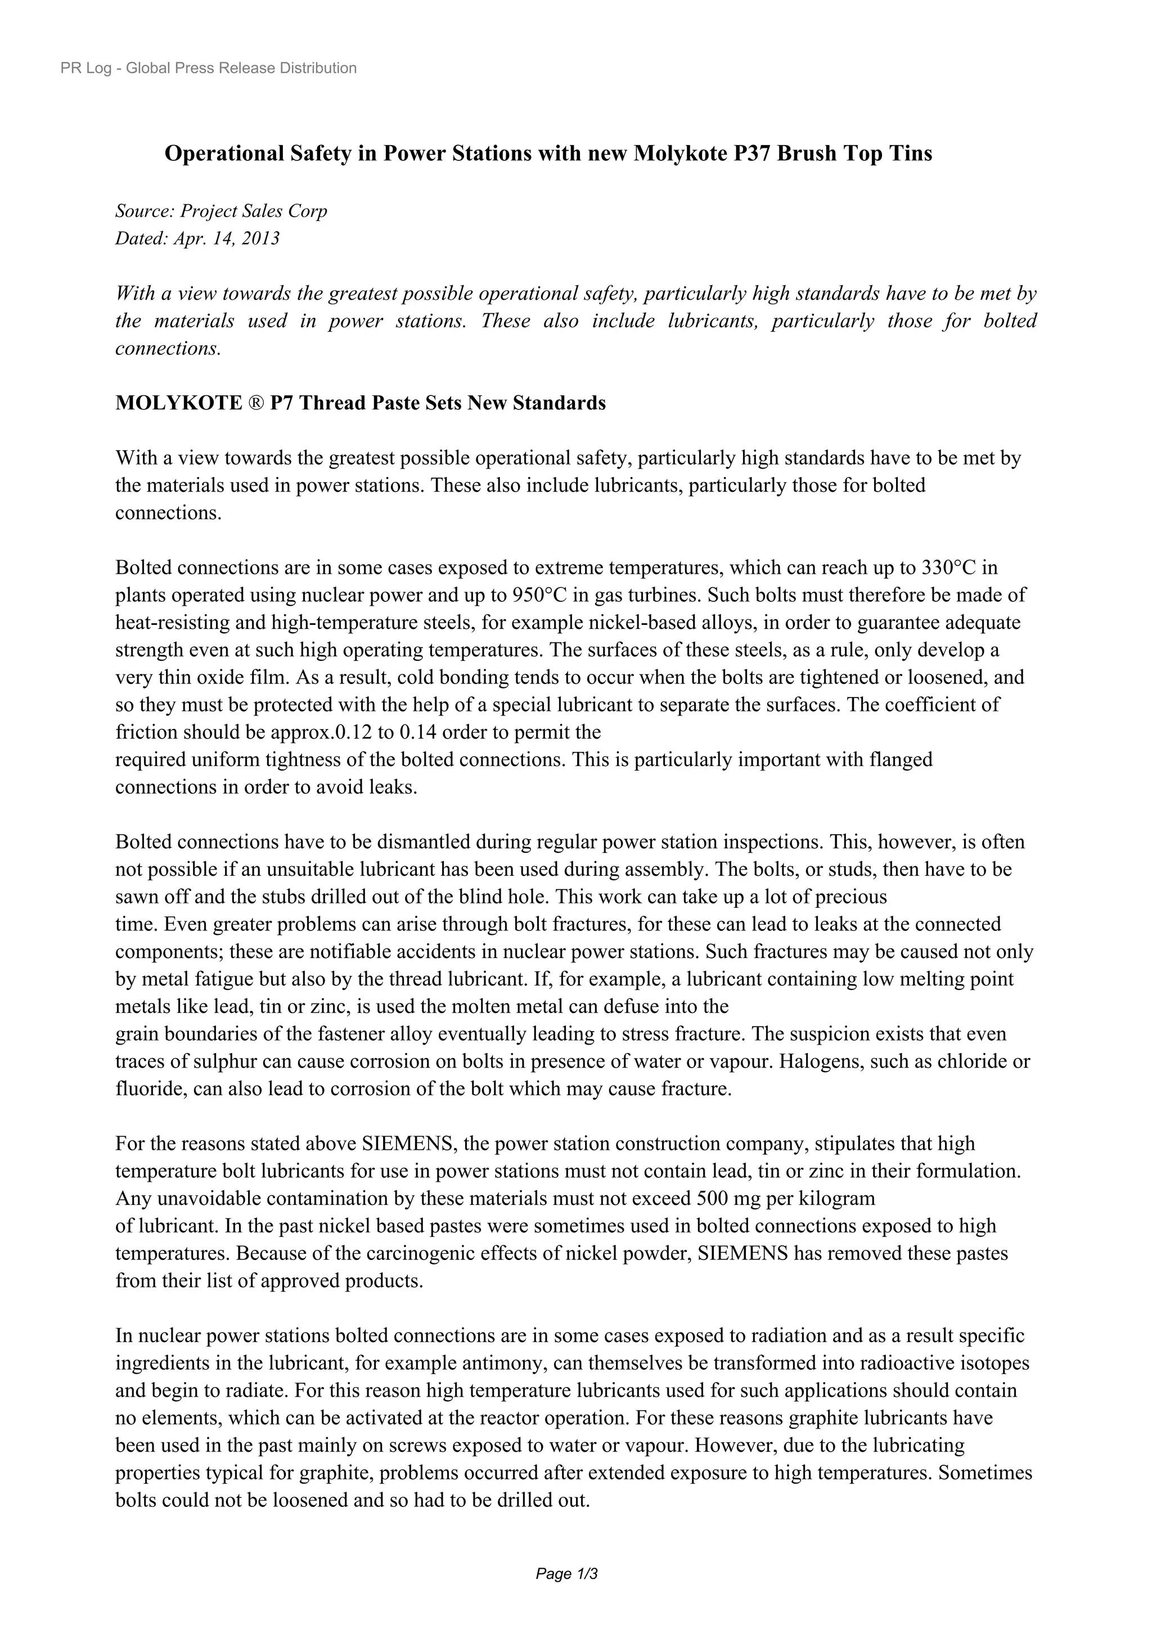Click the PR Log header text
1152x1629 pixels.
(209, 68)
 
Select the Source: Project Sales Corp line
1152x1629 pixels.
(221, 211)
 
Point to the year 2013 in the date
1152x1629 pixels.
(260, 238)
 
